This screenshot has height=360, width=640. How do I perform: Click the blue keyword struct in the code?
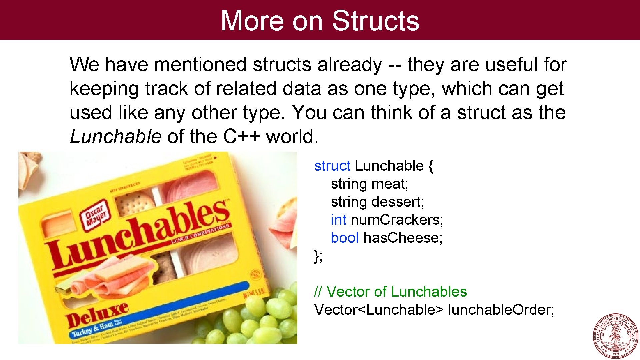coord(332,166)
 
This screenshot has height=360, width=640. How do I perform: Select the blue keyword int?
coord(338,220)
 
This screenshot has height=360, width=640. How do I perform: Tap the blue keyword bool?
coord(344,238)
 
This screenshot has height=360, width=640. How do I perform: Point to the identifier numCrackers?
coord(397,220)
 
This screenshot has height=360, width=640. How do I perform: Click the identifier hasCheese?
coord(403,238)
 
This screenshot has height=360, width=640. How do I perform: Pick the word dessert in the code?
coord(398,202)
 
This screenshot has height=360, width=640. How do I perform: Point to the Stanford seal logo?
coord(615,336)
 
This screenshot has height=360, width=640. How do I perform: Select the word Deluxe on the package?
coord(97,315)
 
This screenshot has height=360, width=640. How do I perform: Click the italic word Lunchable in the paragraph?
coord(115,136)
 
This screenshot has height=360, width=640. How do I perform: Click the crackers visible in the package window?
coord(135,203)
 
